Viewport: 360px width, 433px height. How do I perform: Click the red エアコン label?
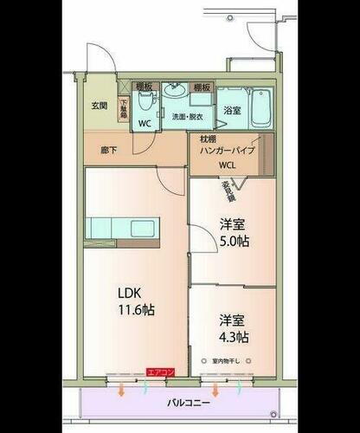161,372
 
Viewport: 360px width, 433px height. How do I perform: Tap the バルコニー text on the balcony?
187,402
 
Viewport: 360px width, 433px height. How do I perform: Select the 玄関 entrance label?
100,107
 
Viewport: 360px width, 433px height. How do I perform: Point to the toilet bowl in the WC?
147,105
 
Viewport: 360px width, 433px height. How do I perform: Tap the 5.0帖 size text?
234,242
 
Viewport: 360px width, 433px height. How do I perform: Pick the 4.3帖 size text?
234,336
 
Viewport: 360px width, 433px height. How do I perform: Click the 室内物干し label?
231,359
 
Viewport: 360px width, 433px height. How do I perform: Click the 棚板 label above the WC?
145,87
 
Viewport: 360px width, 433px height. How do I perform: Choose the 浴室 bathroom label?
231,110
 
